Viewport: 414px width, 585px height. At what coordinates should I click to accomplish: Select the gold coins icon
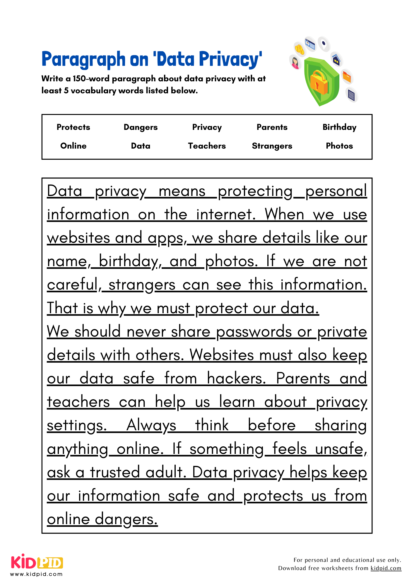pos(299,49)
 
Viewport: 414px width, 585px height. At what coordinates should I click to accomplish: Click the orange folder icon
pos(346,77)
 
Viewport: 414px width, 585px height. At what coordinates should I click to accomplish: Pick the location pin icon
pos(324,44)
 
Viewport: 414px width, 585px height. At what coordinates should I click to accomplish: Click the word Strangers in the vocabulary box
pos(272,146)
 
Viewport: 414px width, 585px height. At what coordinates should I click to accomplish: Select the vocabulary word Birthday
pos(339,127)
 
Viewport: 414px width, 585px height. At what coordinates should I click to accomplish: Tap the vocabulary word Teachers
pos(207,146)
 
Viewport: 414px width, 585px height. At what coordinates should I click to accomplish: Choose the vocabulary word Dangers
pos(141,127)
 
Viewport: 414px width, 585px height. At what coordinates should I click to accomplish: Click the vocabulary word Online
pos(73,146)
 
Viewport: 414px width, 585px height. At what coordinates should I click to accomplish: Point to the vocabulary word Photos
pos(339,146)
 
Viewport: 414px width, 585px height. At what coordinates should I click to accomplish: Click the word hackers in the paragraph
pos(236,378)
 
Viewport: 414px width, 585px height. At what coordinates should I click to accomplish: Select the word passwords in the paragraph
pos(254,331)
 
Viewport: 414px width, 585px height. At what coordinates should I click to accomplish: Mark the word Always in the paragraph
pos(151,425)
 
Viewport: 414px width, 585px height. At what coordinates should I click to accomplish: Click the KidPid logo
pos(37,562)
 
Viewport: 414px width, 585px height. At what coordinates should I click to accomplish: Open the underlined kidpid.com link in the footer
pos(386,568)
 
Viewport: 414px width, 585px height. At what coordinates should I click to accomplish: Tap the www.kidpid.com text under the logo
pos(36,574)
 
